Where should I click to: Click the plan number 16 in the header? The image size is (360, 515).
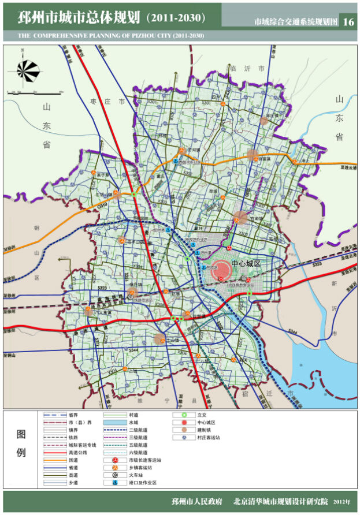348,22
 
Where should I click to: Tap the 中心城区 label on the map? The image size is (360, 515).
246,263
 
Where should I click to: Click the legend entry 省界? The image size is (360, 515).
72,415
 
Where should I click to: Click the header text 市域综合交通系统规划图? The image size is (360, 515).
295,22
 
